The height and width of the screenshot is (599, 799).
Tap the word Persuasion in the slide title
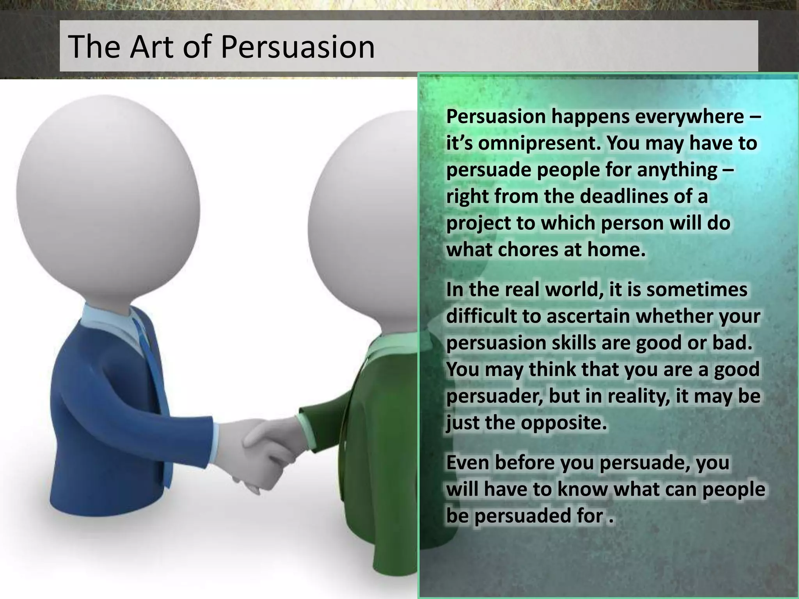pyautogui.click(x=297, y=48)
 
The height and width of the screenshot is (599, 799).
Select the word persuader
pyautogui.click(x=495, y=397)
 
